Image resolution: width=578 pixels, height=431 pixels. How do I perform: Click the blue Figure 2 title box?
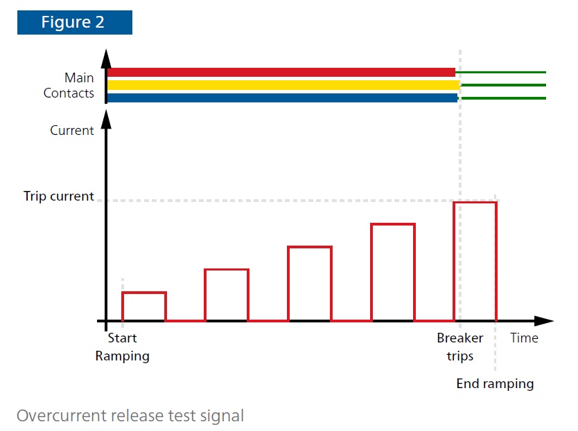(x=74, y=22)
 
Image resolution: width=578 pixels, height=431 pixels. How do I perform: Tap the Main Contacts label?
(x=69, y=85)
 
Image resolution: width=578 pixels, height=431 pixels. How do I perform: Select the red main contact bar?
(x=281, y=72)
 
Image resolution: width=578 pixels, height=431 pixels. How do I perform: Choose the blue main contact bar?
(x=282, y=98)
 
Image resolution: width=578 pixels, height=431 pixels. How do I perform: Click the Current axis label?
(x=72, y=130)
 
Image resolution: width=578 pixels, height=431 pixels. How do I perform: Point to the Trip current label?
(x=59, y=196)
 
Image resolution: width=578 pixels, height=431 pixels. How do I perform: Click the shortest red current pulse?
(x=144, y=293)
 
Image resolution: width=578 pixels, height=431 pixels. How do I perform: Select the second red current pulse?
(x=227, y=270)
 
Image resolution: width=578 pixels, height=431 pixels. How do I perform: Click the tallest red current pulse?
(x=475, y=203)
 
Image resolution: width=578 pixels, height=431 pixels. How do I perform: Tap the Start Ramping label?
(x=123, y=347)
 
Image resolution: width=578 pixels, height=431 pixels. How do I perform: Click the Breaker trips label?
(x=460, y=347)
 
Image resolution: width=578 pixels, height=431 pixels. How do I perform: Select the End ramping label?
(x=495, y=384)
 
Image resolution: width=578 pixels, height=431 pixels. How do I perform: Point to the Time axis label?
(x=524, y=338)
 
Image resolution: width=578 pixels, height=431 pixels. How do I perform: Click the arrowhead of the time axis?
(x=544, y=321)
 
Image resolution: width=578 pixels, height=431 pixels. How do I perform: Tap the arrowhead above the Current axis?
(x=106, y=120)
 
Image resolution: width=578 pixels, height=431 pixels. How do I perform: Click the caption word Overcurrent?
(x=62, y=416)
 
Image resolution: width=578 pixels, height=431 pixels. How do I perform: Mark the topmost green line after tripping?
(x=501, y=72)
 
